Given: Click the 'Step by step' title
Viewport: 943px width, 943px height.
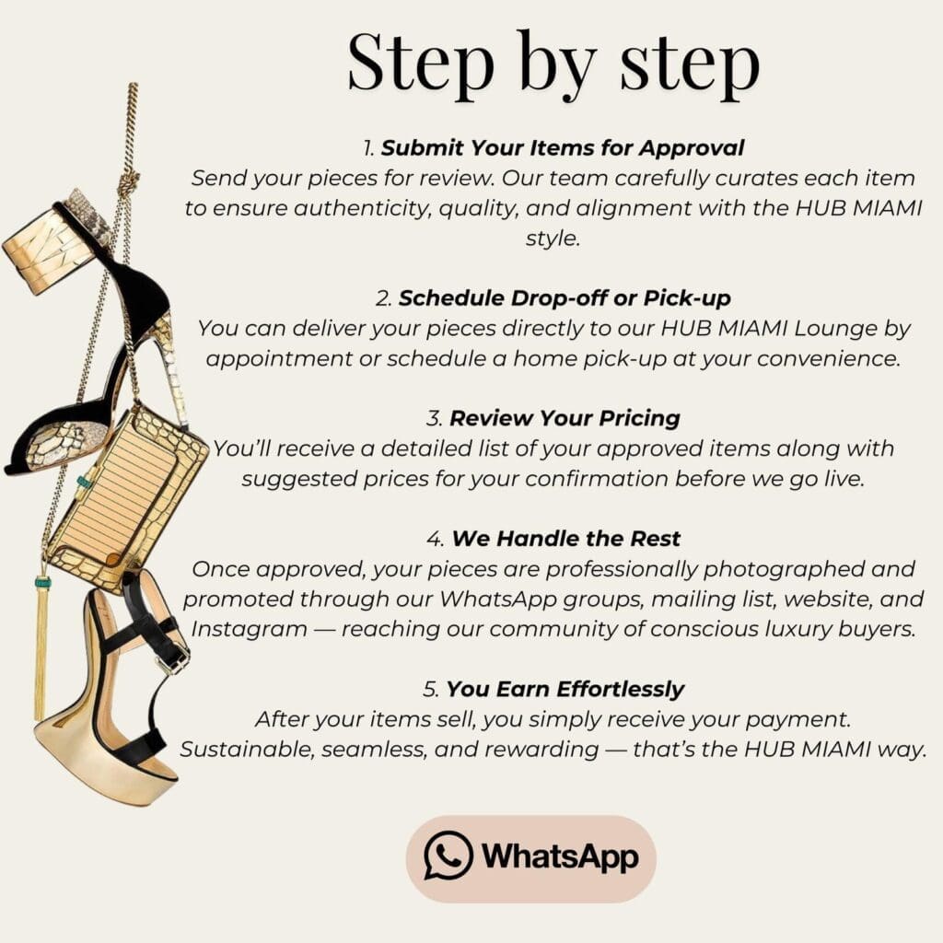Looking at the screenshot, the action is click(553, 65).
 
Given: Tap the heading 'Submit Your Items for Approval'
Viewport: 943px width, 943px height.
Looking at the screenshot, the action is click(563, 148).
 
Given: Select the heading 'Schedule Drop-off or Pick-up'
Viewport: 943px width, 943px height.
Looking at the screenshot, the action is click(565, 298).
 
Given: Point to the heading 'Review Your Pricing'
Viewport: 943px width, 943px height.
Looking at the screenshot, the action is click(565, 418).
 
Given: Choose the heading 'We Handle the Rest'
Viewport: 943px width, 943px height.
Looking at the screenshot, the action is click(565, 538).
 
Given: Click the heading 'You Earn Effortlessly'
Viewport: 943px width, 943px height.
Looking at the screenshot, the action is click(565, 689).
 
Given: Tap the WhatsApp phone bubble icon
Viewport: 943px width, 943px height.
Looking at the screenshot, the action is click(448, 856).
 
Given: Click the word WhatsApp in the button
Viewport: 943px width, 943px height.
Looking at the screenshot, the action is click(559, 856).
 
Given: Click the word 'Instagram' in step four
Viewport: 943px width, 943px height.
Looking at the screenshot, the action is click(249, 630).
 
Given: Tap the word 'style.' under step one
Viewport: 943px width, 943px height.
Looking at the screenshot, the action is click(553, 239).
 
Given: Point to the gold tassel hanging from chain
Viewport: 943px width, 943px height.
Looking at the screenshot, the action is click(41, 649).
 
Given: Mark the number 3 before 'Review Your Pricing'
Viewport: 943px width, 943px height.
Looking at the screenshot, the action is click(433, 419).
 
